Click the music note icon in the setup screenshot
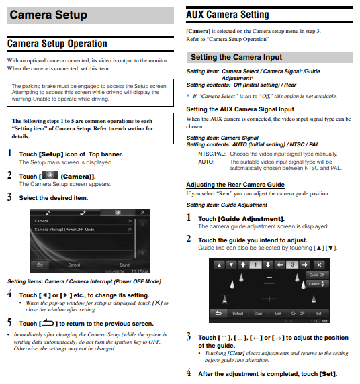coord(48,213)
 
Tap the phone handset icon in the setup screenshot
coord(83,213)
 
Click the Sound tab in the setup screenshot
coord(124,265)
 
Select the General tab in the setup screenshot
coord(74,265)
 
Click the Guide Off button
coord(317,275)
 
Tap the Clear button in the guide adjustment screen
coord(258,314)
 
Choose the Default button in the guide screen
coord(238,314)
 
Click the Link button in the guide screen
coord(278,314)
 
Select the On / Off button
coord(298,314)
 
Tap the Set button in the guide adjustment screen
coord(318,314)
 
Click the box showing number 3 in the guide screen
coord(292,265)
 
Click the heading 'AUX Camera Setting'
coord(228,15)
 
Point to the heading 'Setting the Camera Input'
coord(236,57)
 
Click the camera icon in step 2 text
coord(50,175)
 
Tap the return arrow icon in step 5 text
coord(48,323)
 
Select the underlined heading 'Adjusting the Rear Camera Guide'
coord(235,185)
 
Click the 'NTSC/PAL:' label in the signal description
coord(212,154)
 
